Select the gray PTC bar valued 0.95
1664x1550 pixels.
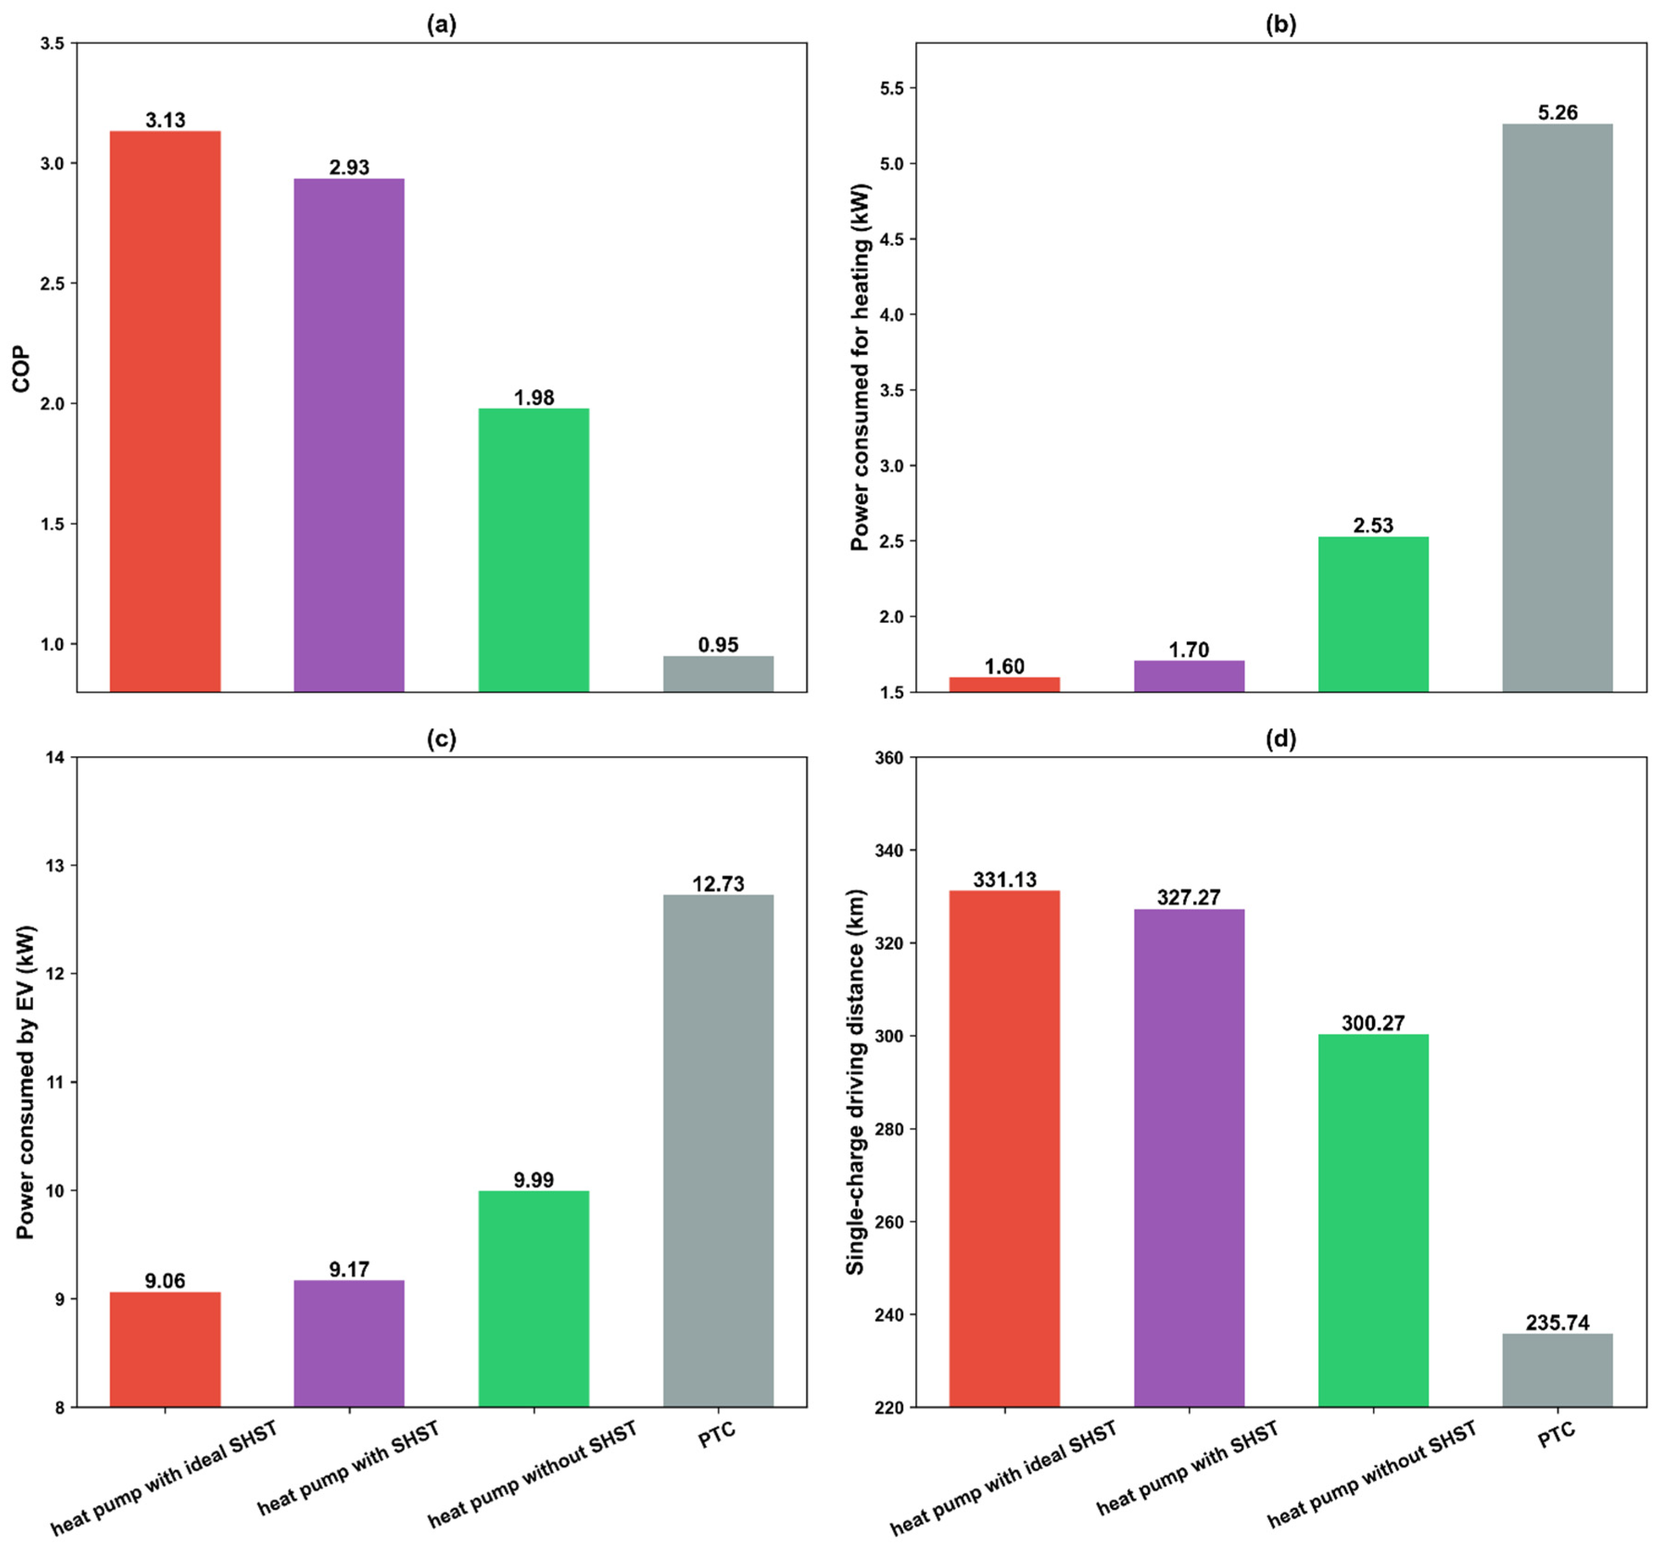pos(718,673)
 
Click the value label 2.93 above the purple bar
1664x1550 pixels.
pos(349,167)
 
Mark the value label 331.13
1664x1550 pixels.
pos(1004,880)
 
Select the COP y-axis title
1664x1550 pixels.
pos(21,369)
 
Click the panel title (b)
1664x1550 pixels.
pos(1280,25)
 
